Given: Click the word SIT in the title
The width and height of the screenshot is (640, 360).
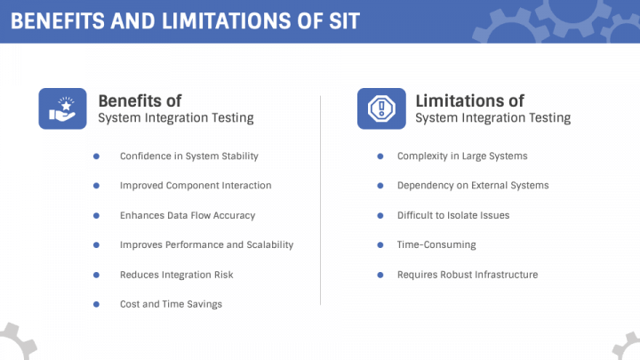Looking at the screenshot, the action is click(344, 21).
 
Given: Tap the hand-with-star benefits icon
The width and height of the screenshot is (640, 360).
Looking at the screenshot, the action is click(62, 108).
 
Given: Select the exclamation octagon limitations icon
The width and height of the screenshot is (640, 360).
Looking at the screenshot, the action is click(381, 108).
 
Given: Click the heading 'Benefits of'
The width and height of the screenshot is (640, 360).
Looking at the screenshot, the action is click(140, 100).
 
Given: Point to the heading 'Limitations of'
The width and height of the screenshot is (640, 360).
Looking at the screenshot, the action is click(470, 100).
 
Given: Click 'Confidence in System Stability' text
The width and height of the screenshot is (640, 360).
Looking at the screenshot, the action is click(189, 156).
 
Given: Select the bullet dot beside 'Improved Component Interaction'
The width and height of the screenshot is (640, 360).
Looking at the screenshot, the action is click(96, 186).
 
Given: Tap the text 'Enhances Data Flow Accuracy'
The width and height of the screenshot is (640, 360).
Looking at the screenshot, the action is click(188, 215).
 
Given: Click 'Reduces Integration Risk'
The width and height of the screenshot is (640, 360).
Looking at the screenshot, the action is click(177, 275).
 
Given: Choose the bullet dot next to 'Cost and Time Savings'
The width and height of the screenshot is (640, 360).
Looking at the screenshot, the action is click(96, 304).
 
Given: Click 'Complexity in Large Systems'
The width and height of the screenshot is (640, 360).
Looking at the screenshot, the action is click(462, 156).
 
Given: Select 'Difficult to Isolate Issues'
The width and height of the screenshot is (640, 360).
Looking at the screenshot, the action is click(453, 215).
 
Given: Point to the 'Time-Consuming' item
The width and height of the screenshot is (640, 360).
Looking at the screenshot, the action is click(436, 245).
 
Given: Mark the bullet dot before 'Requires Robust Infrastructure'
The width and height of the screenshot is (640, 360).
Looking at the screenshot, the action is click(380, 275).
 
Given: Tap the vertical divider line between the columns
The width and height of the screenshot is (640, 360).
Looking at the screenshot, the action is click(320, 200).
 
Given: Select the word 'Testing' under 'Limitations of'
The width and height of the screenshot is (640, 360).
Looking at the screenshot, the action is click(550, 118).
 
